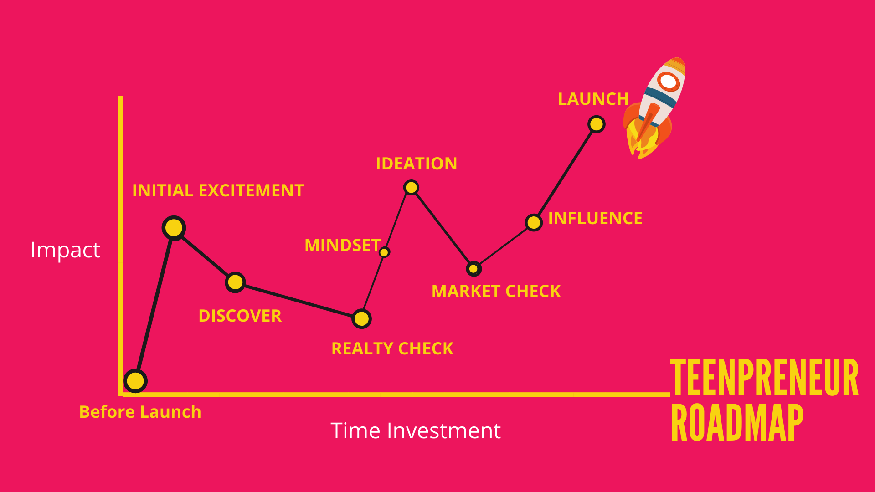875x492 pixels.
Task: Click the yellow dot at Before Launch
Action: point(135,381)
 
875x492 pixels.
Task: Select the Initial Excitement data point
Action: point(174,228)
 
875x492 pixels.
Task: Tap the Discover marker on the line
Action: point(235,282)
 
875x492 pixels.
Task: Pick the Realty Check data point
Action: point(361,319)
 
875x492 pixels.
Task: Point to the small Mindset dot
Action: point(384,252)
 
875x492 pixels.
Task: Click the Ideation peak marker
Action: point(411,187)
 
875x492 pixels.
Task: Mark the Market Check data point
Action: point(474,269)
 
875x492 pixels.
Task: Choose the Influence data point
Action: point(533,223)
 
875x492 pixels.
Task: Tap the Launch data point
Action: point(596,124)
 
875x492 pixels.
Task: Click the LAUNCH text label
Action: point(593,99)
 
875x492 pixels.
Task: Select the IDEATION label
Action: point(417,164)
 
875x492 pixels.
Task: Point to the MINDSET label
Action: point(343,245)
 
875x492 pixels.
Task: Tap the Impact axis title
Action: point(65,250)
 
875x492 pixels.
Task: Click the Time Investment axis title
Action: point(416,430)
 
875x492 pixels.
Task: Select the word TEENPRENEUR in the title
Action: point(764,377)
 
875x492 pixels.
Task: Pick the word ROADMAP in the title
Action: point(737,422)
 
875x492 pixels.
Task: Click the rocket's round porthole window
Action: point(669,82)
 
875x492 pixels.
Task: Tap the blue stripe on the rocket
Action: point(660,97)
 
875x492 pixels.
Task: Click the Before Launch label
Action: point(140,412)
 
